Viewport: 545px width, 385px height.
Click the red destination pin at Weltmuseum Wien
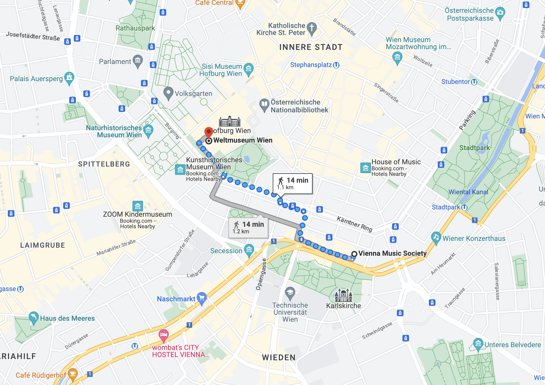point(209,132)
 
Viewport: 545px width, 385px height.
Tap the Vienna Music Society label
point(392,253)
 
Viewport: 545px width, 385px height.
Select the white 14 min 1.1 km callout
point(293,183)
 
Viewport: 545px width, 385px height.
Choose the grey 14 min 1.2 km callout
point(248,228)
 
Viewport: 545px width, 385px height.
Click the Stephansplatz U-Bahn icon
point(336,65)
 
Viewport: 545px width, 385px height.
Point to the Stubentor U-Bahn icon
point(474,82)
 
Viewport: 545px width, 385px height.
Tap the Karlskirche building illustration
point(343,295)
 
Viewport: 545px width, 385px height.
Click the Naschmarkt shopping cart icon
point(202,298)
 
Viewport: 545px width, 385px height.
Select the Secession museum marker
point(249,250)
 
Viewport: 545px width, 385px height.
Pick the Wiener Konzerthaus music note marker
point(436,237)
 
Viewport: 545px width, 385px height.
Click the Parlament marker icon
point(138,60)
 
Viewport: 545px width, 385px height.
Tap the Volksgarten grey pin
point(168,93)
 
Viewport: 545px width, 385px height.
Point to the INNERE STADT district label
point(311,47)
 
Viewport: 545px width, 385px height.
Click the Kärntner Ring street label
point(354,223)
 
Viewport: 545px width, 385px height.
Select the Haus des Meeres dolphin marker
point(33,317)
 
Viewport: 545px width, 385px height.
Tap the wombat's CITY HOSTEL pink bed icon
point(164,335)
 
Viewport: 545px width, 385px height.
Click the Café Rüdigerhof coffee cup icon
point(73,374)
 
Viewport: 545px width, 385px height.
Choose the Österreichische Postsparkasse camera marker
point(500,13)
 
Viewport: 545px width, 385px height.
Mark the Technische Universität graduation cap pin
point(290,293)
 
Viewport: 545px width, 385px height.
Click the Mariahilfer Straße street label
point(116,247)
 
